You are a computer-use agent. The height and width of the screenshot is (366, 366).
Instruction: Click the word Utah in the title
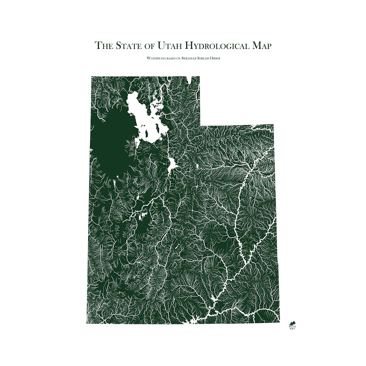pos(170,45)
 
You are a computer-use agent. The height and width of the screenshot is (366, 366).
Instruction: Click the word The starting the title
pos(103,45)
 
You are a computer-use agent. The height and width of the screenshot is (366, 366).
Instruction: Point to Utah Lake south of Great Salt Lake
pos(172,165)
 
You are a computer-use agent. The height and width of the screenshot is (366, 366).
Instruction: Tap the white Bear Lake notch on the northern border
pos(191,79)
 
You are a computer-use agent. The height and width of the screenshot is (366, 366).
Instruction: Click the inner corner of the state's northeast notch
pos(200,125)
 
